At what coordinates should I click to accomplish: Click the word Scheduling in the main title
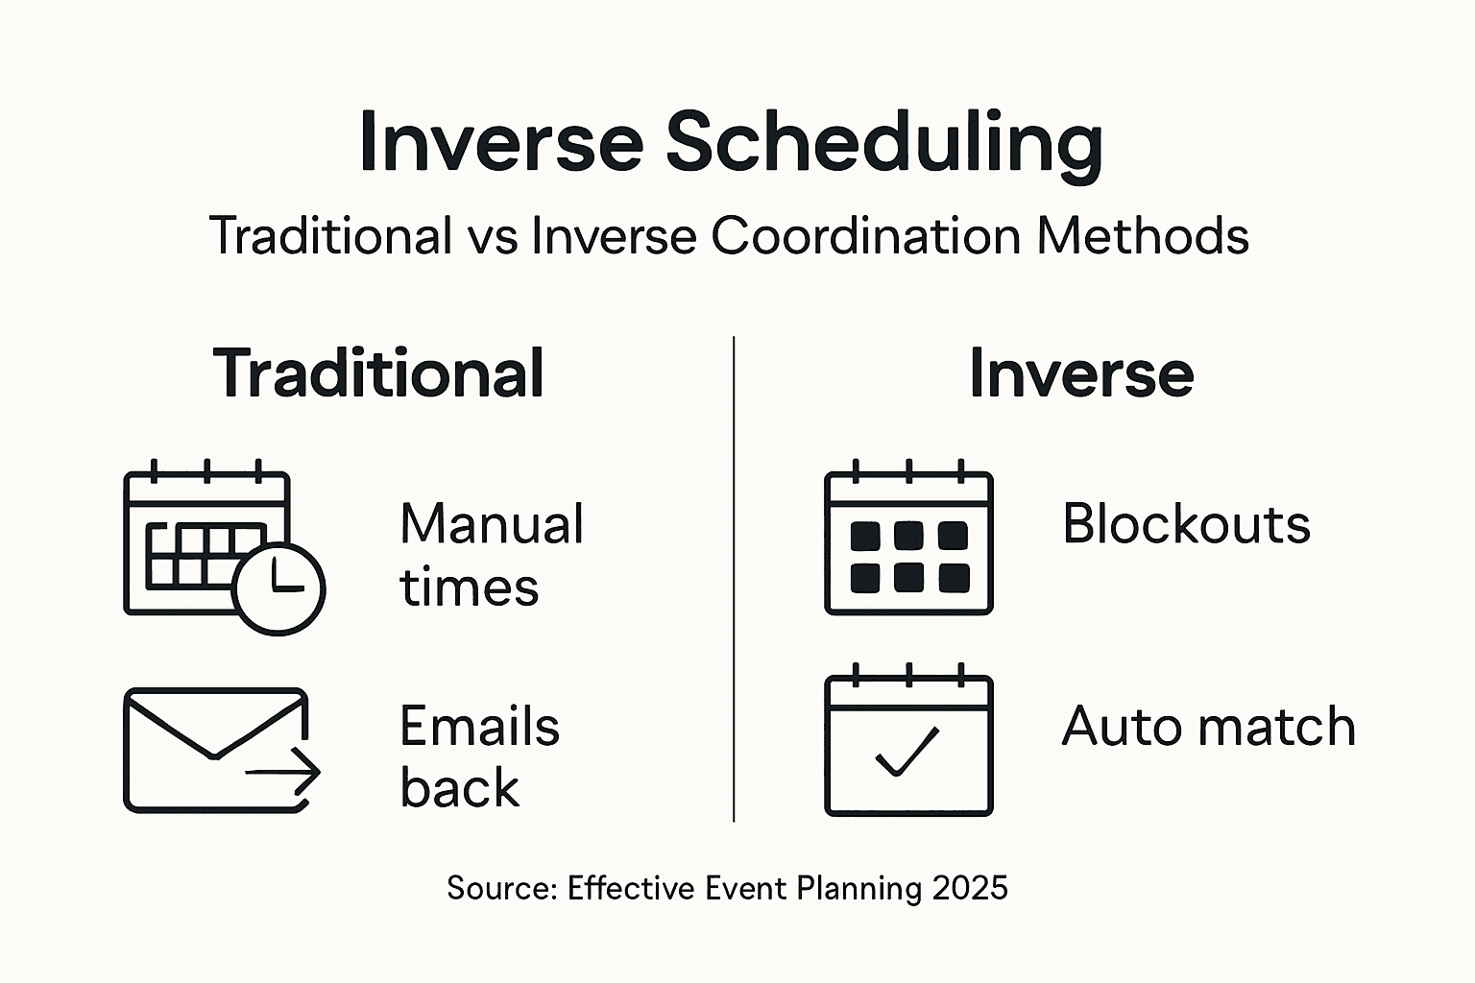coord(884,145)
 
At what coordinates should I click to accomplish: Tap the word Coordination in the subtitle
coord(865,235)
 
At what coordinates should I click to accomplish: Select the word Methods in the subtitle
coord(1143,235)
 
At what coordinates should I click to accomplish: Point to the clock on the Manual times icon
coord(278,588)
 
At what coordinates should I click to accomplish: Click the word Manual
coord(492,523)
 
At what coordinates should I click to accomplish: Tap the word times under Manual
coord(470,587)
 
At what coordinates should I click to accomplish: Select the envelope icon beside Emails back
coord(222,750)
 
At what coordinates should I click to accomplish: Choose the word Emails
coord(480,727)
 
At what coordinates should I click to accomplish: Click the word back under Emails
coord(460,787)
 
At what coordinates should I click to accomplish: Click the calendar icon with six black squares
coord(908,538)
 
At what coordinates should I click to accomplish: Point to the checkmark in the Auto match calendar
coord(907,752)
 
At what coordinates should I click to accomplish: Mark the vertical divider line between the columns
coord(734,580)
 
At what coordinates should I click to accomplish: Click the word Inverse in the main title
coord(501,145)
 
